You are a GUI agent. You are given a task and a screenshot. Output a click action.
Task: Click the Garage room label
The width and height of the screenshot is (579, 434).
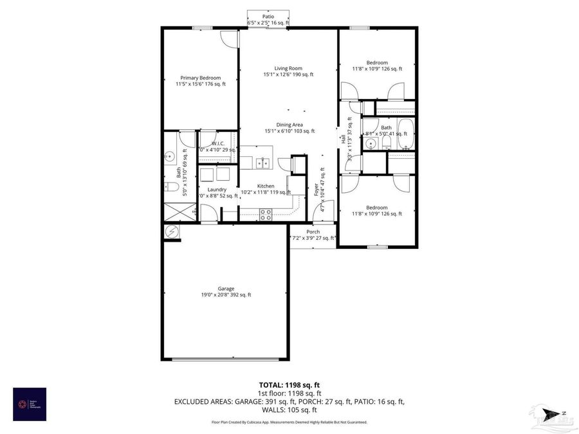(225, 289)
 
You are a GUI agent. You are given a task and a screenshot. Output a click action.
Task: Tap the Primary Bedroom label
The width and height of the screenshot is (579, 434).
(200, 78)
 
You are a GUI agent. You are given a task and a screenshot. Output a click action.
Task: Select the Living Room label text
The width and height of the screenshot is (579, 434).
(288, 68)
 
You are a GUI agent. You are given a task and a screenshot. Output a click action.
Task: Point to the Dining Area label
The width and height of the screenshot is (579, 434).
(289, 125)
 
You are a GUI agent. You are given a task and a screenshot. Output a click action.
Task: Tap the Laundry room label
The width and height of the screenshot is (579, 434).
(217, 190)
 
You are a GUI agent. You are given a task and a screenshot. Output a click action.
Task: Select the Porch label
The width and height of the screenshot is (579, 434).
(313, 231)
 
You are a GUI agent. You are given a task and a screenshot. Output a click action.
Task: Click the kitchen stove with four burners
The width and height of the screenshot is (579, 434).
(266, 214)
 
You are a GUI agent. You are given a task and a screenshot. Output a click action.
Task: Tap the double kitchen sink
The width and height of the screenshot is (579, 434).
(262, 163)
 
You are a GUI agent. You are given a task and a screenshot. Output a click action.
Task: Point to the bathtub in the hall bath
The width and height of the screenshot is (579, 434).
(404, 134)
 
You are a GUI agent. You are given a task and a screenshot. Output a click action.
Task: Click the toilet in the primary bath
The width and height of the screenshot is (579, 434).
(170, 188)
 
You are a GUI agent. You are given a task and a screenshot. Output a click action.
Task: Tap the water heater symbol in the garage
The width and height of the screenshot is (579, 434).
(172, 231)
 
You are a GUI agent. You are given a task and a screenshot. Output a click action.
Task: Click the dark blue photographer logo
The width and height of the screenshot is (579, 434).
(30, 404)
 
